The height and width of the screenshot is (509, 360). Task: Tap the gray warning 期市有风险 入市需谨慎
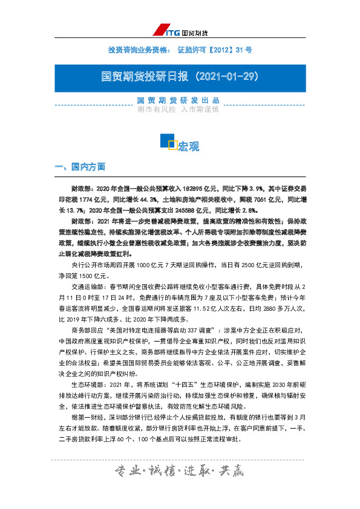pyautogui.click(x=178, y=109)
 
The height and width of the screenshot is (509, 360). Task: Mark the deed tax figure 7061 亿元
pyautogui.click(x=261, y=199)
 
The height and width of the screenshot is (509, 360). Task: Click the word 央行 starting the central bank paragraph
pyautogui.click(x=77, y=264)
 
